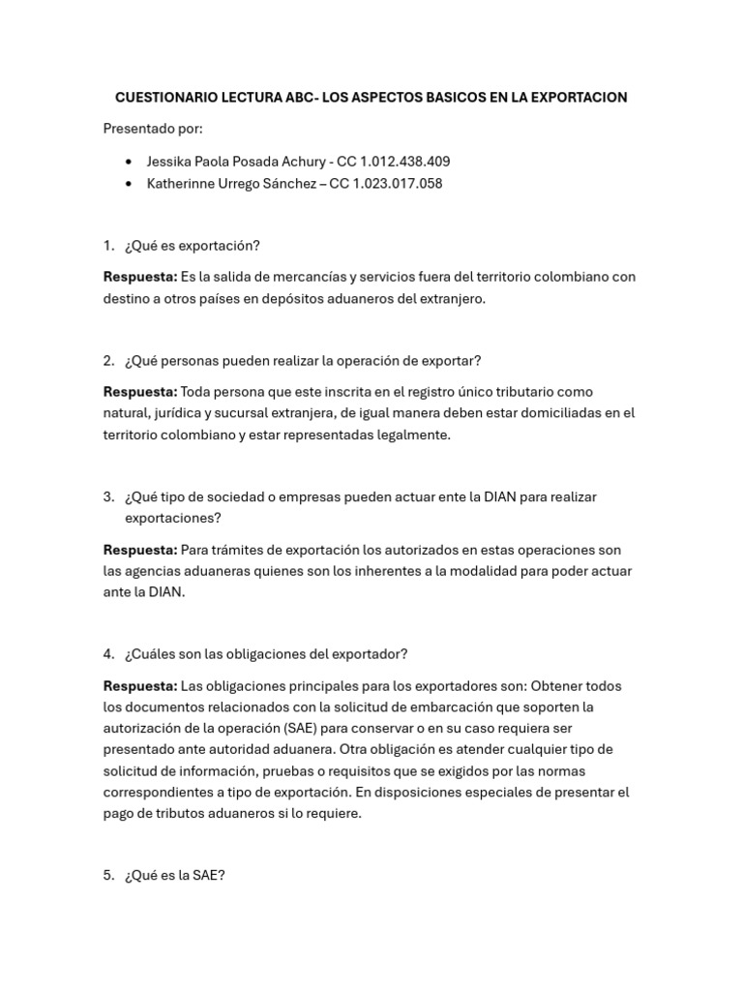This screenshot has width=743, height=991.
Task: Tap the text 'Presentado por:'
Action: tap(153, 129)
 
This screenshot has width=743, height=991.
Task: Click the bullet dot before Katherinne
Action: tap(130, 184)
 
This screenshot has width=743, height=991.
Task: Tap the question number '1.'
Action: tap(109, 246)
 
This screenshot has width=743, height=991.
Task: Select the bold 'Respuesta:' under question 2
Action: tap(140, 392)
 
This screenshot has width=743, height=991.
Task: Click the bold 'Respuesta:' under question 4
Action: tap(140, 686)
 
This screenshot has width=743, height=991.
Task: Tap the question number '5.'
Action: tap(109, 876)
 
